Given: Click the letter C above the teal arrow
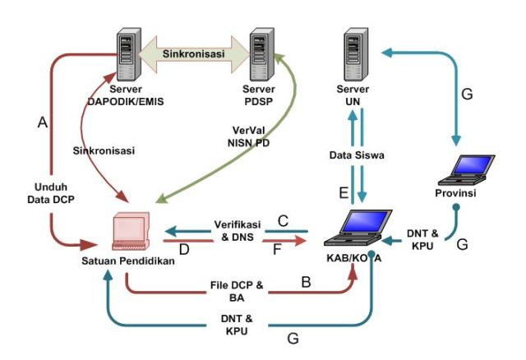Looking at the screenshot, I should click(x=282, y=220).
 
